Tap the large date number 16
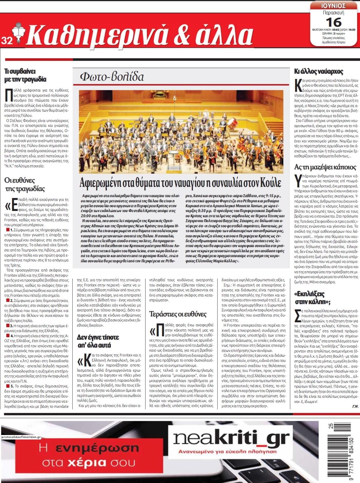333,22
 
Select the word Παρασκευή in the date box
333,13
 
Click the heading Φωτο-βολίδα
112,77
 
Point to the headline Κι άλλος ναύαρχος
318,72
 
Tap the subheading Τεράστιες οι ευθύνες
178,314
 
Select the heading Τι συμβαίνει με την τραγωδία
25,75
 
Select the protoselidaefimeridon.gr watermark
21,437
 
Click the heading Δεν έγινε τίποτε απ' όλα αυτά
98,341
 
